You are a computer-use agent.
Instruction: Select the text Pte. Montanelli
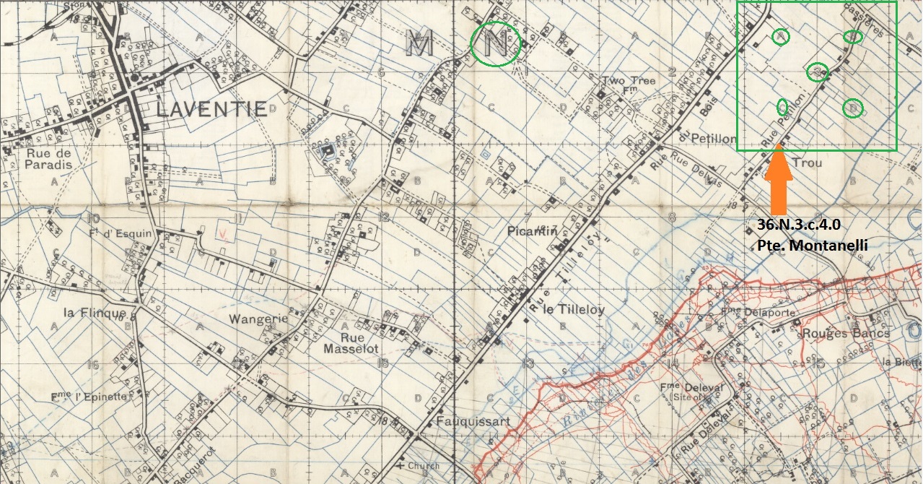[812, 246]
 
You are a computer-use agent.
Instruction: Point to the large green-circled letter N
[495, 45]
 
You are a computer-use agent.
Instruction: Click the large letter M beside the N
[419, 45]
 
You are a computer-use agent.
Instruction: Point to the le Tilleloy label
[574, 310]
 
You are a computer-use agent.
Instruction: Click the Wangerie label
[258, 319]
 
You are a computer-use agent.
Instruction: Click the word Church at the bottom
[423, 466]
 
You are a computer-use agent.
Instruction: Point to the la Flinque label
[91, 313]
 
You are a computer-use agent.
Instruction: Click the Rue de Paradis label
[49, 159]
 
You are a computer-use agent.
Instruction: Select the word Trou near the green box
[807, 164]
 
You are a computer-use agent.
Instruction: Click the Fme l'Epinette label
[88, 397]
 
